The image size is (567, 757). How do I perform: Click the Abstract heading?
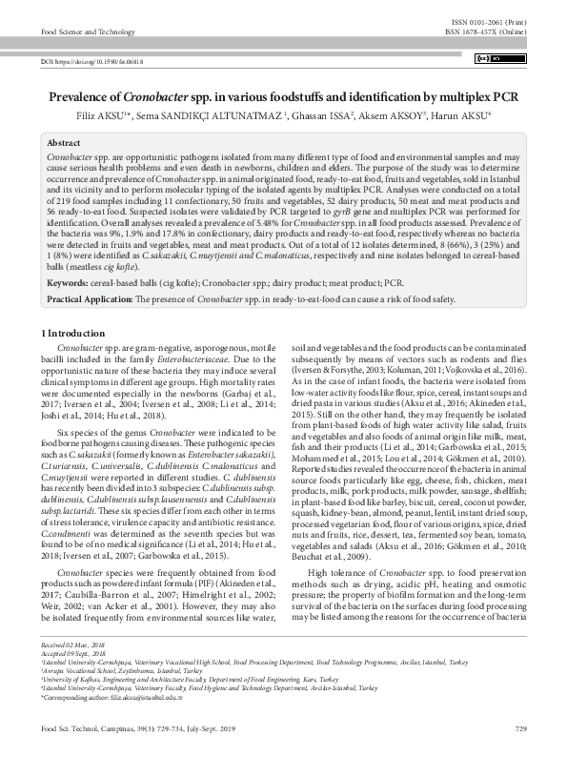(63, 142)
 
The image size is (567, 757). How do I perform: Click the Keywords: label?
(69, 283)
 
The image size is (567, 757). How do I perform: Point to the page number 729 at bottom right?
(519, 729)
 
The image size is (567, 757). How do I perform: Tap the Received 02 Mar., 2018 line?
(72, 645)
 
